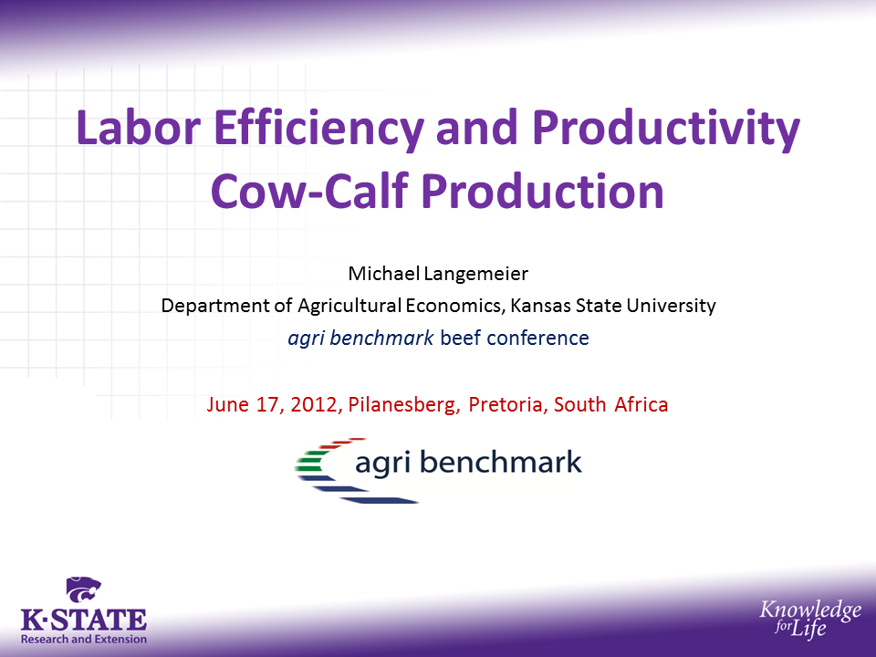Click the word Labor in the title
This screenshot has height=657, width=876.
tap(138, 127)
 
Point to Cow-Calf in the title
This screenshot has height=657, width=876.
tap(309, 191)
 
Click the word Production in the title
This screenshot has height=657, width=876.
tap(542, 191)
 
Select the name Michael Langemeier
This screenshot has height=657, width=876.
tap(438, 273)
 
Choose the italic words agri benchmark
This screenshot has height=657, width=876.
tap(360, 338)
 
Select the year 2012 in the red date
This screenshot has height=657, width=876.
tap(316, 404)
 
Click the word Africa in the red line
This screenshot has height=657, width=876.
tap(641, 404)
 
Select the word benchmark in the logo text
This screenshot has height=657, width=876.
tap(501, 462)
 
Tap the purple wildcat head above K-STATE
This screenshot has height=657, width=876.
tap(84, 590)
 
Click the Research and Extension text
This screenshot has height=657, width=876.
tap(84, 639)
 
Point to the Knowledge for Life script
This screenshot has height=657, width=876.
tap(810, 618)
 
